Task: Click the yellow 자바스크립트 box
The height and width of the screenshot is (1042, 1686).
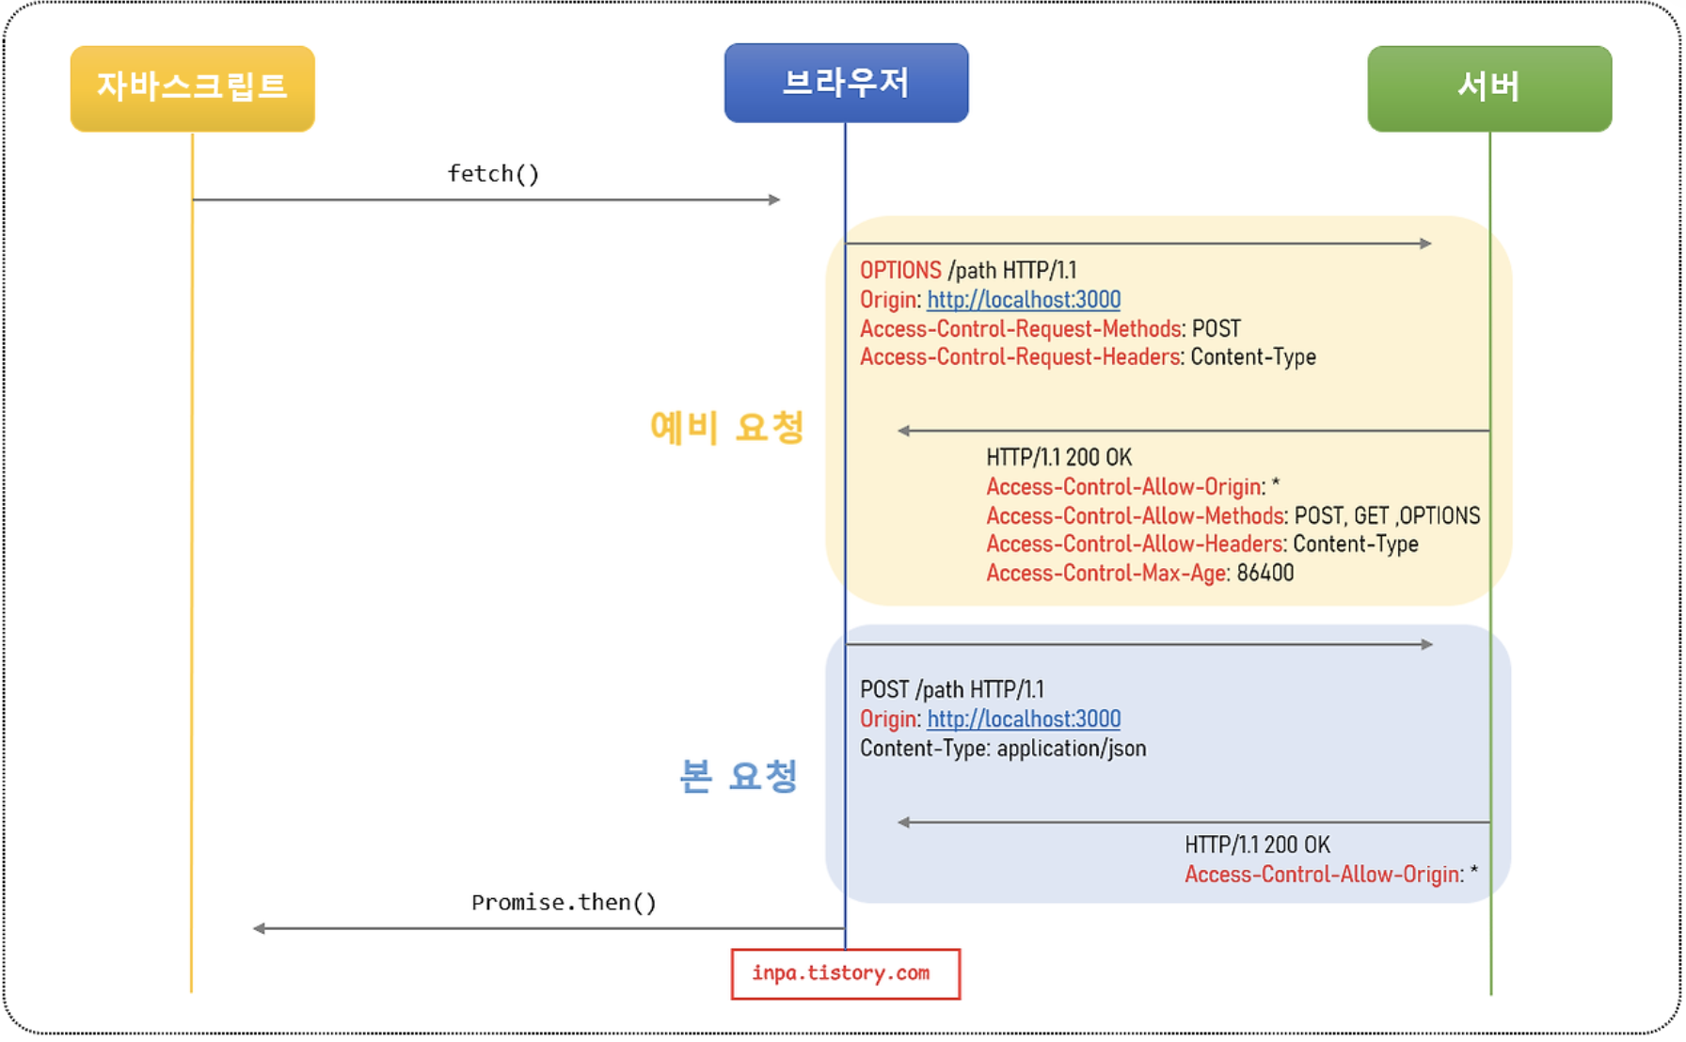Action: [192, 87]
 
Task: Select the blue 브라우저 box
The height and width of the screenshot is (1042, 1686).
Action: [846, 83]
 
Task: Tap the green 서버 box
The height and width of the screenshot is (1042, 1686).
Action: [1488, 87]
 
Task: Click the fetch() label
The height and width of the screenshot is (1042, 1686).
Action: [493, 174]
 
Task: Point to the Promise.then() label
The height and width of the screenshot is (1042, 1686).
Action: [564, 903]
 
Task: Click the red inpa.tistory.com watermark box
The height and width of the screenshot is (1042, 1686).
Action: [845, 973]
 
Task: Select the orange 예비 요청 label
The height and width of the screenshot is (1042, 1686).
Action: [726, 427]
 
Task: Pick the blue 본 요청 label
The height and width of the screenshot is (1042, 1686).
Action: [739, 776]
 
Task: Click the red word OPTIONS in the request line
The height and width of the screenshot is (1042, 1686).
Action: [900, 271]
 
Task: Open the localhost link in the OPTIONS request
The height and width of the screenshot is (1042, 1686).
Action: [1024, 300]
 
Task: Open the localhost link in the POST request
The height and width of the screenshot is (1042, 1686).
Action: [1024, 719]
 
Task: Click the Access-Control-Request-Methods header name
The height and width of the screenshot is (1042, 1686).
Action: [1020, 329]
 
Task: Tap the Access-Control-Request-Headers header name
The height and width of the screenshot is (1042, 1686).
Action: [1020, 357]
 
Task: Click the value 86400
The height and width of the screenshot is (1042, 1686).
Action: [1265, 574]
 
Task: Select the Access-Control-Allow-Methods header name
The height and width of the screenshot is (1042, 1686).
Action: [1135, 516]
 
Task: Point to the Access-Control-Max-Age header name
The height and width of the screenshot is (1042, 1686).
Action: [1106, 574]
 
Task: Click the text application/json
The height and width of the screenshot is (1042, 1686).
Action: [1072, 749]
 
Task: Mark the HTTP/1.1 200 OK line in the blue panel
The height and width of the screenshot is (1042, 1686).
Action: [1257, 845]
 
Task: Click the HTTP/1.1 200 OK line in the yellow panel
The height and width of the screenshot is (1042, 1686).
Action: [1058, 458]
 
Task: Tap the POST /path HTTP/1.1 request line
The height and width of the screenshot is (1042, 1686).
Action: [951, 690]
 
